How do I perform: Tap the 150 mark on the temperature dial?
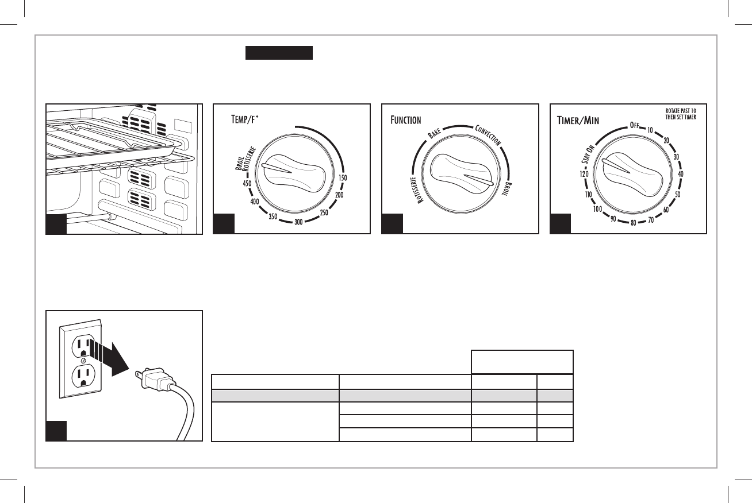[x=343, y=179]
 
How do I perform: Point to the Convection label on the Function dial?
[x=488, y=136]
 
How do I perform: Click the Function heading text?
[x=406, y=121]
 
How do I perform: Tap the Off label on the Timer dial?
[x=634, y=125]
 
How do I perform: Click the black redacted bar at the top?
[x=279, y=53]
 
